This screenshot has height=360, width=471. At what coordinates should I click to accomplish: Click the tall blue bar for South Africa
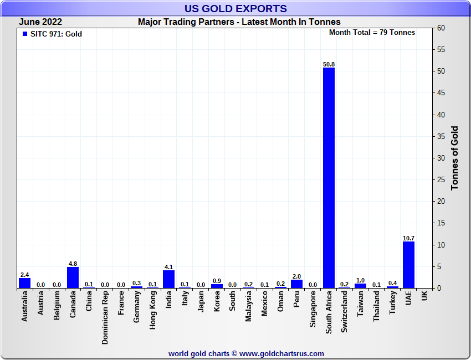coord(329,177)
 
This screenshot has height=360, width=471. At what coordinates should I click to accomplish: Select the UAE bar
coord(408,265)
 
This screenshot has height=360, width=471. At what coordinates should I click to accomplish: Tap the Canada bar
coord(73,277)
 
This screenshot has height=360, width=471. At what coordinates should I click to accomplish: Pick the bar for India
coord(168,279)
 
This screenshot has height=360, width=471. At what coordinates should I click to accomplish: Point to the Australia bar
coord(24,282)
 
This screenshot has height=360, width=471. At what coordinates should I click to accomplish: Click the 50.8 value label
coord(329,64)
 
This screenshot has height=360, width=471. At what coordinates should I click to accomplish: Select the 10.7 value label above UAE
coord(408,238)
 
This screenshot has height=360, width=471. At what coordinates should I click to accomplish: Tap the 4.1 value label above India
coord(168,266)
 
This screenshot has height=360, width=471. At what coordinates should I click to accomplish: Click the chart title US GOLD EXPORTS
coord(235,8)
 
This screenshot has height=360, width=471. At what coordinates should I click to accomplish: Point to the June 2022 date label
coord(40,22)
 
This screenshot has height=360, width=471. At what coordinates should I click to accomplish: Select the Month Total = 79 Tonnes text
coord(372,33)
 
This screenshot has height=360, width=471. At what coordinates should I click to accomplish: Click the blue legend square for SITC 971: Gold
coord(24,34)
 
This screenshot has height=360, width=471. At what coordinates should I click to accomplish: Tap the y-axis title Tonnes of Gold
coord(455,158)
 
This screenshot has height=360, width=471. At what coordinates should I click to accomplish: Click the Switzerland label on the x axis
coord(345,312)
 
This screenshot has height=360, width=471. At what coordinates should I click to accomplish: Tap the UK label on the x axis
coord(424,297)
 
